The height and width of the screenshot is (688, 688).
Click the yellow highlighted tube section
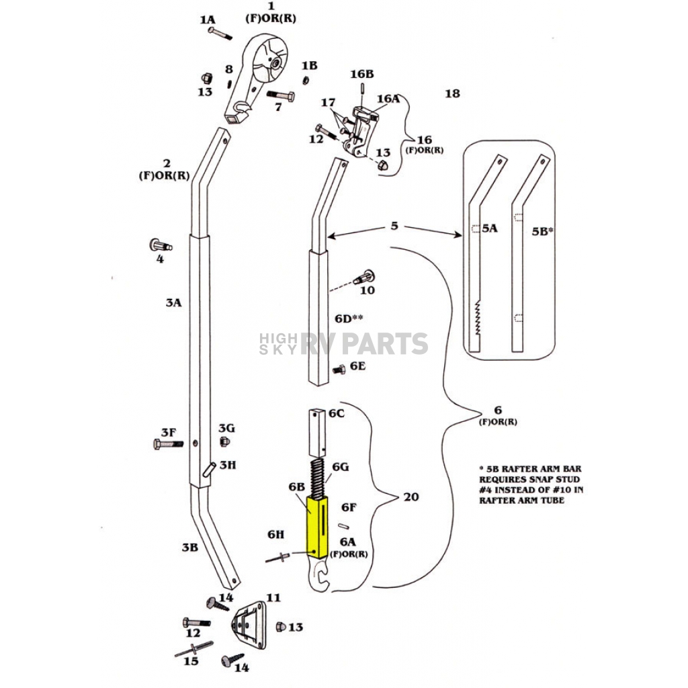pos(318,527)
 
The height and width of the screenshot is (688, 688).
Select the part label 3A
pos(174,302)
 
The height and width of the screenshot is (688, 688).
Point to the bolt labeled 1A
pos(220,34)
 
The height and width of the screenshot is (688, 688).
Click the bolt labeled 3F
pos(169,444)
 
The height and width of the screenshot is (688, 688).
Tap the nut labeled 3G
pos(224,441)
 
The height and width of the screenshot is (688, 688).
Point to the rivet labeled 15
pos(194,649)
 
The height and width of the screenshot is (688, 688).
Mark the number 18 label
pos(452,93)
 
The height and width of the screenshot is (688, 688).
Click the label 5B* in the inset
pos(542,231)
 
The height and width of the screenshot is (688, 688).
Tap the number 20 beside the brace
pos(411,497)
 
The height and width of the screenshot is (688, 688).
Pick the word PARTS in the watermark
pos(385,343)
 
